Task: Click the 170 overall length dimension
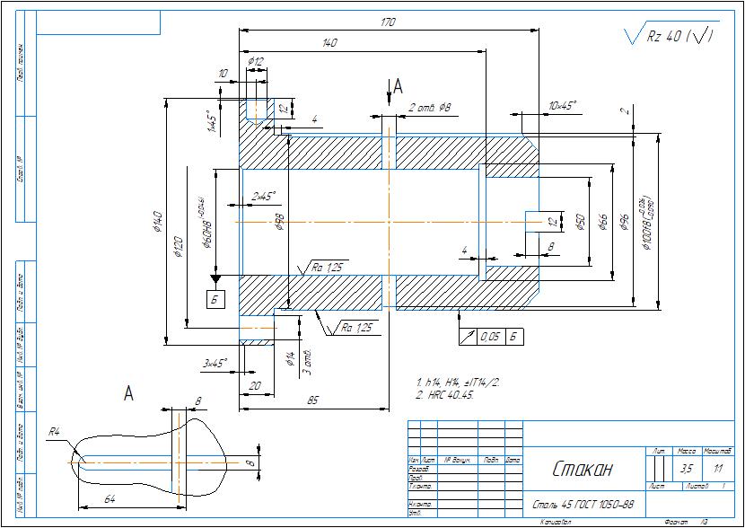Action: tap(388, 22)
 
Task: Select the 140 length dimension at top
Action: tap(329, 42)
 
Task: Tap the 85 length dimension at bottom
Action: tap(313, 400)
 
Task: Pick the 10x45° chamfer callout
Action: tap(562, 106)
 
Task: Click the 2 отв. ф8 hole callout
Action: tap(429, 108)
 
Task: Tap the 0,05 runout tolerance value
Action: tap(489, 337)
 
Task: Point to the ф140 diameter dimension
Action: tap(157, 221)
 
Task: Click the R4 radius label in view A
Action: tap(55, 433)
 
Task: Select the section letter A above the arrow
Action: tap(399, 85)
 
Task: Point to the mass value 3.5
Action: tap(687, 469)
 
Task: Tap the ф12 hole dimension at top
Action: tap(256, 62)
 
